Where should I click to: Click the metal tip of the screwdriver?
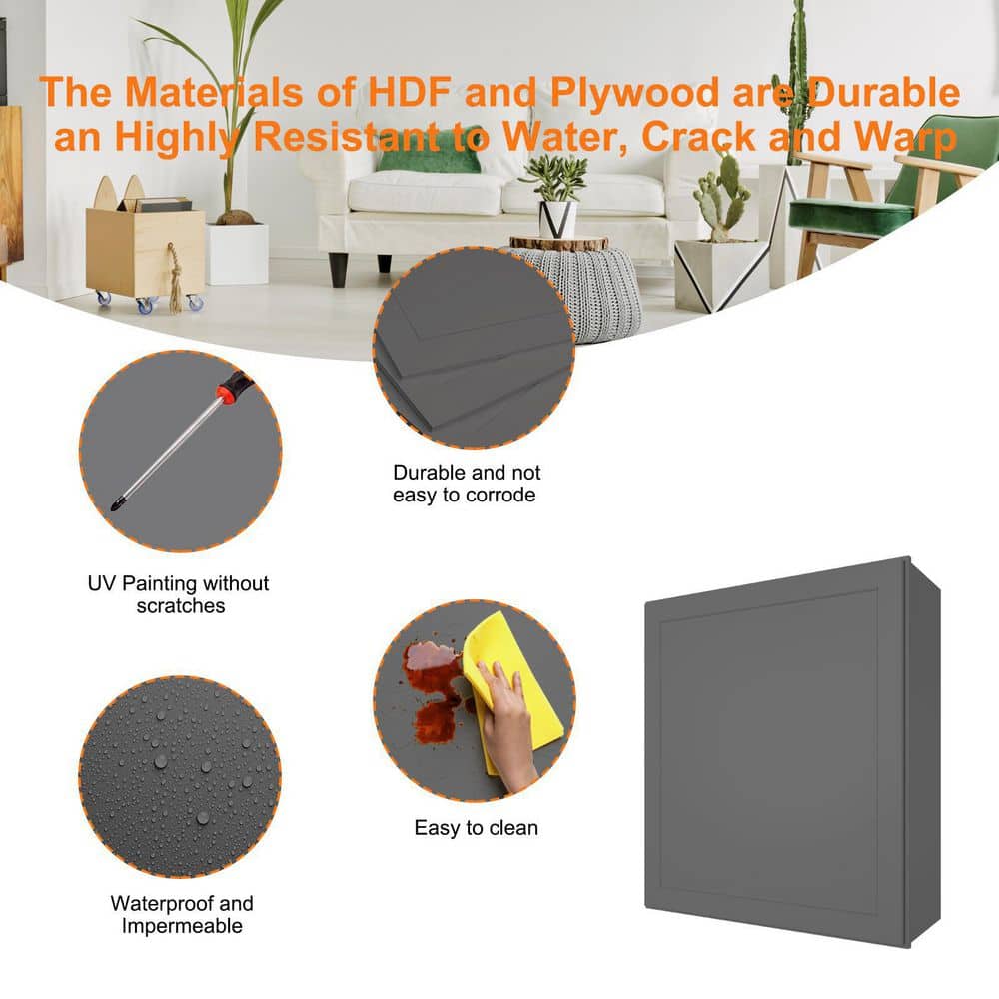tap(117, 504)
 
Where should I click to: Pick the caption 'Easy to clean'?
tap(476, 827)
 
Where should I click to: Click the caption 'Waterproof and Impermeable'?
tap(182, 914)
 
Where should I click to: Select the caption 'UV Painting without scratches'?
tap(179, 594)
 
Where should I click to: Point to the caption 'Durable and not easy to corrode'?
tap(467, 484)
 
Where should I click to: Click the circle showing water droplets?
tap(180, 776)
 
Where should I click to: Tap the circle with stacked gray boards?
tap(474, 348)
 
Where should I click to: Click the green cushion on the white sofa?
tap(429, 158)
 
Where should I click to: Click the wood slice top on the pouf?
tap(559, 243)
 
